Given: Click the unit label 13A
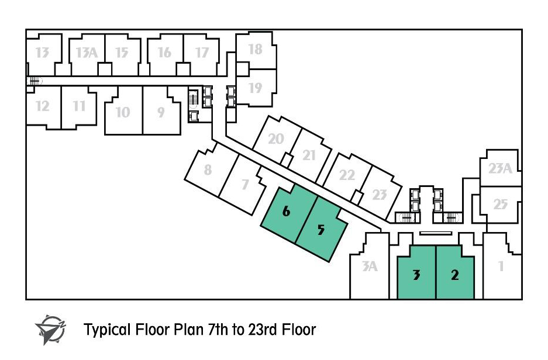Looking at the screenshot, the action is coord(87,53).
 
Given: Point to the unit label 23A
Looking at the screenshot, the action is coord(500,169).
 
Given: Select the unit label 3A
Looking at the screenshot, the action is coord(370,266).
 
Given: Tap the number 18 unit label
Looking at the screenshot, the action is coord(255,49).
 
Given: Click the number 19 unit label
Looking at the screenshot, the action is coord(255,88).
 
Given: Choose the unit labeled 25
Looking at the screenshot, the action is coord(500,205).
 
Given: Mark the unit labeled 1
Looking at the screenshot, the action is coord(501,266).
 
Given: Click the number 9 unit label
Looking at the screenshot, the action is coord(160,112).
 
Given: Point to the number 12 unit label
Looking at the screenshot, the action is coord(42,106).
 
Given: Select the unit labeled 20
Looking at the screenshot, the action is coord(275,139).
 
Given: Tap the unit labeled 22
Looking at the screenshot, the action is coord(347,175).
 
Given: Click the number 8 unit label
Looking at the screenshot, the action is coord(208,169).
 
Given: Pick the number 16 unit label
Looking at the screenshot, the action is coord(164,53).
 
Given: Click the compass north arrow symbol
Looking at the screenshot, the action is coord(51,330).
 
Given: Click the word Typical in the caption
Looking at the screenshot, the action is coord(107,330).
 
